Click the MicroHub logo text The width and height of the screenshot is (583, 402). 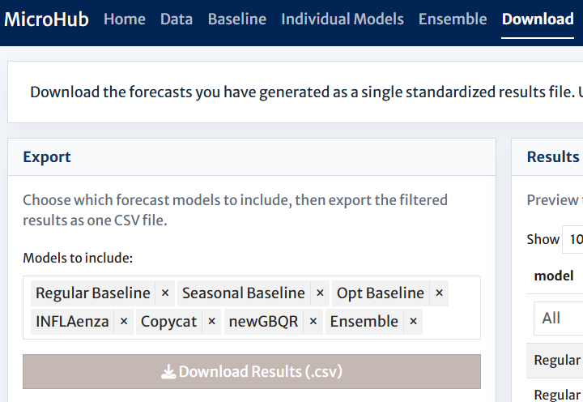[46, 19]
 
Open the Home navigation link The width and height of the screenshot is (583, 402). [125, 19]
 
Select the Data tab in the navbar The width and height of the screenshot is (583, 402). [177, 19]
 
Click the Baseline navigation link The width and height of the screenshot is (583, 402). [236, 19]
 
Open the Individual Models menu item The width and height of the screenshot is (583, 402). [343, 19]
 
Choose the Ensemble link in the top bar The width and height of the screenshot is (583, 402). [453, 19]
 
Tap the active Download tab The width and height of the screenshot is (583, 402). [538, 19]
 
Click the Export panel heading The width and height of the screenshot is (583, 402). [47, 157]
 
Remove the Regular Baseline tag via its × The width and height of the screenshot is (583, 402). [165, 293]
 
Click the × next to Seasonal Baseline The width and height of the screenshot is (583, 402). [320, 293]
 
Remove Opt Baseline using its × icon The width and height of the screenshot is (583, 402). [439, 293]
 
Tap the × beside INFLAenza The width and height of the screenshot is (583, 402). [124, 322]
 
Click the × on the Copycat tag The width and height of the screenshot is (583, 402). [211, 322]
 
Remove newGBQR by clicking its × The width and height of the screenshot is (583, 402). [313, 322]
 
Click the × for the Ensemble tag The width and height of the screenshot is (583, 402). [413, 322]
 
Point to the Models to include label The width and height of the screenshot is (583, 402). [78, 258]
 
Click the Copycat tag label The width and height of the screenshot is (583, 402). [168, 322]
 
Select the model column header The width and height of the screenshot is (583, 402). [554, 276]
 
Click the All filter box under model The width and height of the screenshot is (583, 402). [559, 319]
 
